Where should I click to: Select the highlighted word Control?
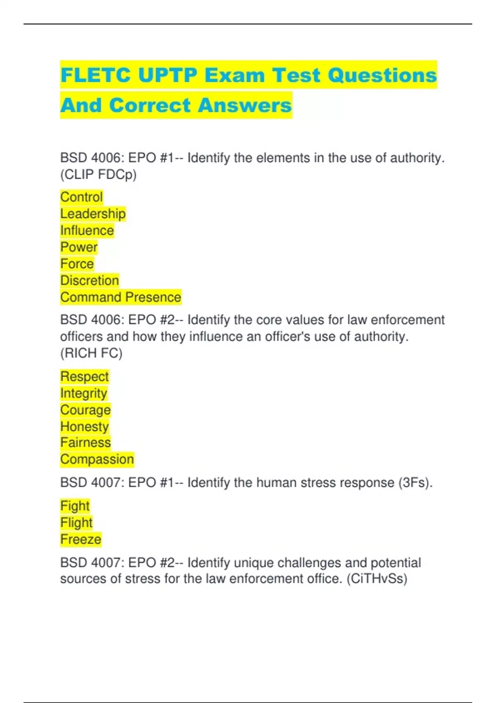tap(81, 197)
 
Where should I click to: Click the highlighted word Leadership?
tap(93, 214)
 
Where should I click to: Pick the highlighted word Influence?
tap(87, 230)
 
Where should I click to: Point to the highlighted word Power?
tap(79, 247)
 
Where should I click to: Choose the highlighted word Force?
tap(77, 264)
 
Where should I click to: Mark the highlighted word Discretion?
tap(90, 280)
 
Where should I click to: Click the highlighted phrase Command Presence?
tap(121, 297)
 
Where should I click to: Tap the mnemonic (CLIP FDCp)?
tap(98, 175)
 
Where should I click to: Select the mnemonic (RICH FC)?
tap(91, 353)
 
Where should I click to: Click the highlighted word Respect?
tap(84, 376)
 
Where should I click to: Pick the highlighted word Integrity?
tap(84, 393)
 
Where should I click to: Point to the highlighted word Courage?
tap(86, 410)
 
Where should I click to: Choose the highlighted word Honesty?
tap(84, 426)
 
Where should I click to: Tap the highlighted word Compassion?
tap(97, 459)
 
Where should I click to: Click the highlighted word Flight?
tap(76, 522)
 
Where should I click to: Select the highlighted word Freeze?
tap(81, 539)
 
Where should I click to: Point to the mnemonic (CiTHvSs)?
tap(377, 579)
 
